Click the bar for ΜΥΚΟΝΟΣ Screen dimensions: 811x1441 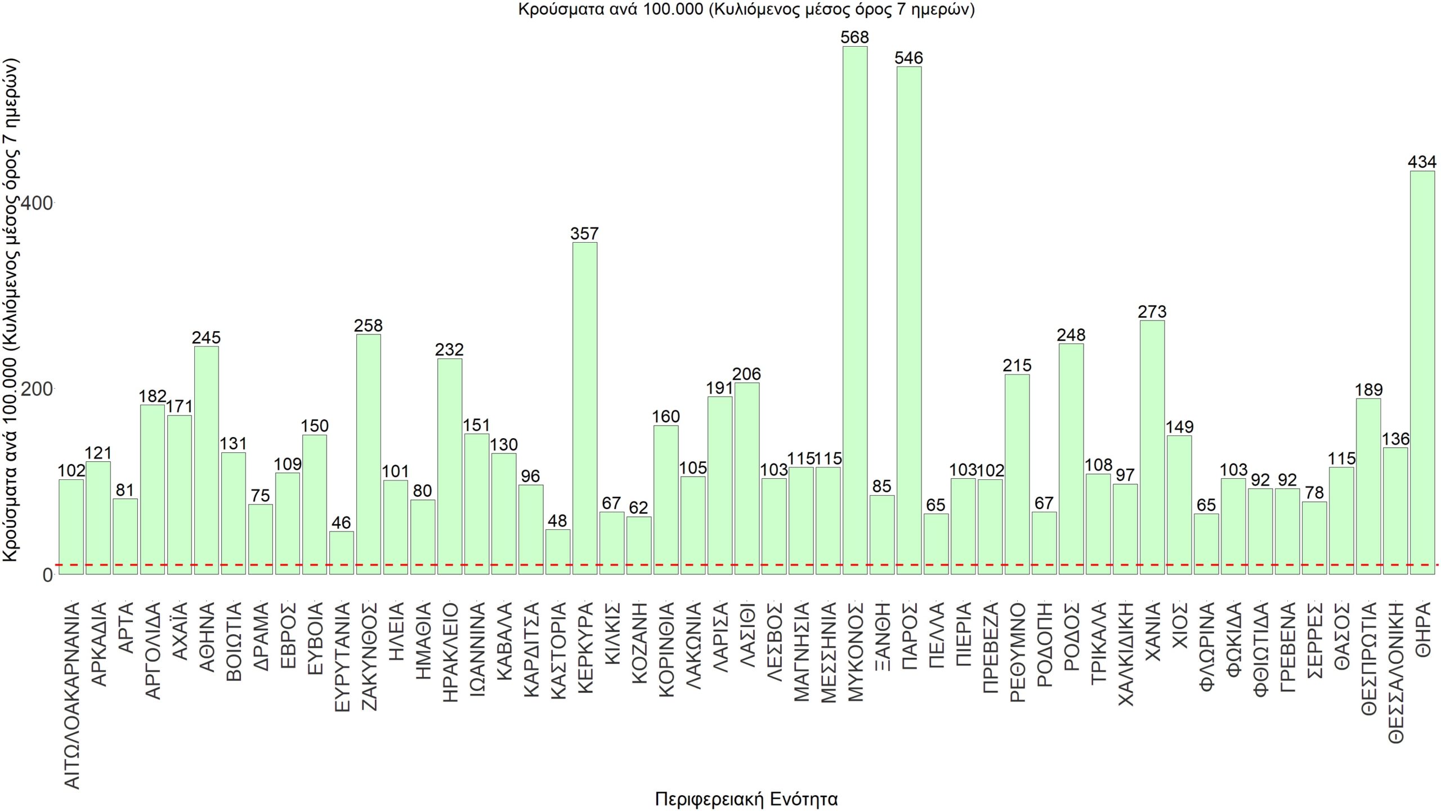click(x=854, y=310)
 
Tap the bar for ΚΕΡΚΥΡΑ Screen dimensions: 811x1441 click(x=584, y=408)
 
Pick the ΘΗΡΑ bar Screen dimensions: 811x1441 click(x=1422, y=372)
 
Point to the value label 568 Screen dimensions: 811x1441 click(x=854, y=37)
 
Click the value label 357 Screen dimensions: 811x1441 click(x=584, y=233)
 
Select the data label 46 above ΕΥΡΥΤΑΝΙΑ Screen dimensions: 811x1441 click(x=341, y=523)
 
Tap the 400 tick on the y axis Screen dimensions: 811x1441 click(x=36, y=203)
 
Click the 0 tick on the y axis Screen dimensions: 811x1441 click(x=47, y=575)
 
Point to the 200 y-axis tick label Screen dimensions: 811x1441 click(x=36, y=389)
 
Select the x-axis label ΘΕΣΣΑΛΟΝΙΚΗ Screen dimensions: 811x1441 click(x=1395, y=672)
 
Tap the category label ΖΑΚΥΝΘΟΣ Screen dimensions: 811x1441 click(x=369, y=656)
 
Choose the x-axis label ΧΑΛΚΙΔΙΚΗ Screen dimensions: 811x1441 click(x=1125, y=654)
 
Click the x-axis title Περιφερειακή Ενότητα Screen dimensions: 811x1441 click(x=746, y=799)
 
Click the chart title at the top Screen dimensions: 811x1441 click(x=746, y=10)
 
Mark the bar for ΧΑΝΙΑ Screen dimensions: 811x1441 click(x=1152, y=447)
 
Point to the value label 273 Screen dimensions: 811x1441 click(x=1152, y=311)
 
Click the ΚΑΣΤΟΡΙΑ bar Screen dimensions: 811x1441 click(x=557, y=551)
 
